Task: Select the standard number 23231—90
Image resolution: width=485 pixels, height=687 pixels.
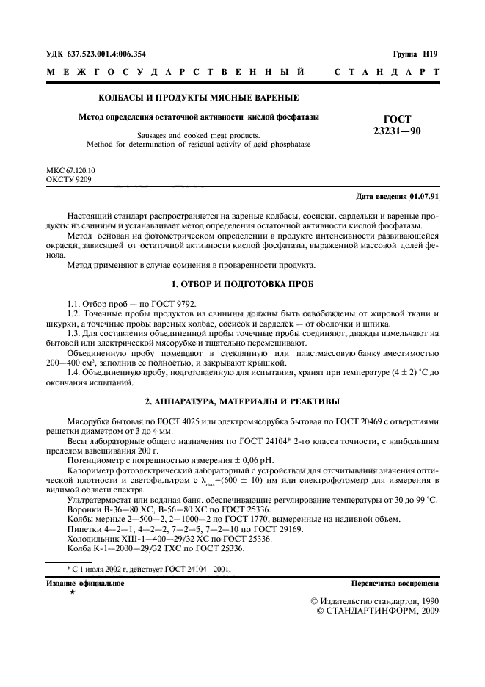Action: tap(397, 131)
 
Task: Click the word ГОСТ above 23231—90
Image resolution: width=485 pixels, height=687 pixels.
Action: tap(398, 119)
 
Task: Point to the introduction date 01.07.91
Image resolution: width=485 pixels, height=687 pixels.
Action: tap(425, 197)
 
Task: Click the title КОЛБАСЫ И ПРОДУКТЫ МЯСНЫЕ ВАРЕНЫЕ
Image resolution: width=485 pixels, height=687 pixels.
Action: tap(198, 98)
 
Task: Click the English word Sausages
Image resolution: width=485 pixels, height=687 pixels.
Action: tap(154, 135)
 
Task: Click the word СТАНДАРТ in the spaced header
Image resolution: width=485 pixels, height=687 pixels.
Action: tap(387, 73)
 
